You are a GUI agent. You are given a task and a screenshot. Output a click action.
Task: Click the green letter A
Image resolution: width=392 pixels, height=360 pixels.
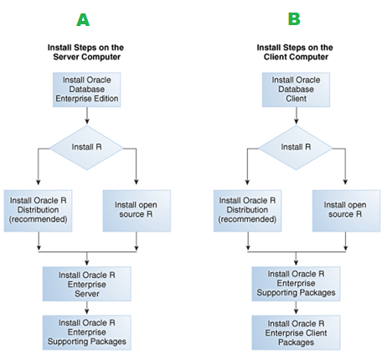point(83,19)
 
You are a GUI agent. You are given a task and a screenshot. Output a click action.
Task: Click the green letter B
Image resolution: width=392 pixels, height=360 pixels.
point(294,19)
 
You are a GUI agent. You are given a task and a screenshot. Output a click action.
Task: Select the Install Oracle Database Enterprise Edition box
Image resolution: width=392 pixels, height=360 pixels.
point(87,90)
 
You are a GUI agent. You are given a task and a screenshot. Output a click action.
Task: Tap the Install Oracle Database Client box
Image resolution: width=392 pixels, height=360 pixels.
point(296,90)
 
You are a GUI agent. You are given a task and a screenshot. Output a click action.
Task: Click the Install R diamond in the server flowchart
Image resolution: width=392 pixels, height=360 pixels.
point(86,147)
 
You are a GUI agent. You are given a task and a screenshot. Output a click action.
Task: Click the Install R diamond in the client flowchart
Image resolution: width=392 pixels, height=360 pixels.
point(296,147)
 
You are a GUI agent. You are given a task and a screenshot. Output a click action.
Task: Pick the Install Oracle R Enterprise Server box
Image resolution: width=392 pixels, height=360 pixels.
point(87,284)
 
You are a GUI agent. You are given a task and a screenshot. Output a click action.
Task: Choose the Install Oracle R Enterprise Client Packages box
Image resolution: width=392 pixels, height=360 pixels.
point(296,332)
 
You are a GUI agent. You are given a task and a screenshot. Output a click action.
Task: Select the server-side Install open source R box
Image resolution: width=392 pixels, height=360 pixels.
point(137,211)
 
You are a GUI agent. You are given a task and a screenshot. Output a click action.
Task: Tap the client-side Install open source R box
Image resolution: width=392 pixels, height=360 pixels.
point(346,211)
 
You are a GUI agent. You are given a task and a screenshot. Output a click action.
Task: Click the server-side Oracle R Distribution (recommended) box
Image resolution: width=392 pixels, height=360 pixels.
point(38,211)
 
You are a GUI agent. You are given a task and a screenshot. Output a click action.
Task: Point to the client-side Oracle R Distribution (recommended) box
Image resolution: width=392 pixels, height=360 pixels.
point(247,211)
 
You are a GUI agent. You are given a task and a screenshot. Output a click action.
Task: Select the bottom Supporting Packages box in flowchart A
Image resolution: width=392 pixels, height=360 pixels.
point(87,332)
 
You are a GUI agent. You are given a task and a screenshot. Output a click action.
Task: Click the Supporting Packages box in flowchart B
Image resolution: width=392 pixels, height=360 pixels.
point(296,284)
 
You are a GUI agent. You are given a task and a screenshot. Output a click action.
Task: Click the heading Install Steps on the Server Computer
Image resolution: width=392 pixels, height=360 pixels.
point(86,52)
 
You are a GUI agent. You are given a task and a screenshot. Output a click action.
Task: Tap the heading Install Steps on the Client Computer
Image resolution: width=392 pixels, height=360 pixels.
point(295,52)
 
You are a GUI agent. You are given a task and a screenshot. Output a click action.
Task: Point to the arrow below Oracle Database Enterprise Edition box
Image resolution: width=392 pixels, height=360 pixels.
point(87,116)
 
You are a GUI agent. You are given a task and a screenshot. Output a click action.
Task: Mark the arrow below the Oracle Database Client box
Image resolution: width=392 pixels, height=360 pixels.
point(297,116)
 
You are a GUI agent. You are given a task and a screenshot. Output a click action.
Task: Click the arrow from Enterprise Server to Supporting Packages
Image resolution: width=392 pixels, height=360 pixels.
point(87,308)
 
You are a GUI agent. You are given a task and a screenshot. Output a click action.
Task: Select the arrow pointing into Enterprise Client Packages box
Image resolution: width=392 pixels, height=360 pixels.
point(297,308)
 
